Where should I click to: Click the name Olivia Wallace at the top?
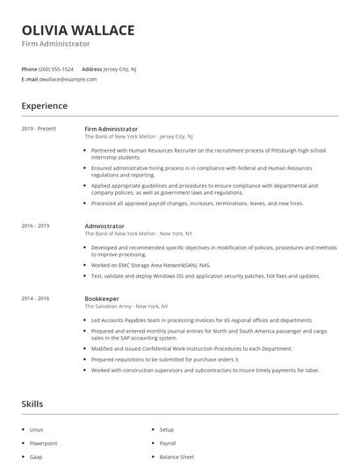(78, 30)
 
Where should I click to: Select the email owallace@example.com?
(68, 79)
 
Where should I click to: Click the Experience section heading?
(44, 106)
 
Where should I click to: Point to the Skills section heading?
(32, 404)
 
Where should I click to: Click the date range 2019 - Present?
(39, 129)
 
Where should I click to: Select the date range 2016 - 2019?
(35, 225)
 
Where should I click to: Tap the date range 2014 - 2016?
(35, 298)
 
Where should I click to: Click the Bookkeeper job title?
(101, 298)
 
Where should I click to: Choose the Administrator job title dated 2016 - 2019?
(104, 225)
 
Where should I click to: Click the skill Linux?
(36, 430)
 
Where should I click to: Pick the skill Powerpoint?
(43, 443)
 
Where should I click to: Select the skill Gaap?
(36, 457)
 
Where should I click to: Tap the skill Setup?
(167, 430)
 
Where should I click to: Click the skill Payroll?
(168, 443)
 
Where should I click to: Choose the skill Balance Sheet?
(176, 457)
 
